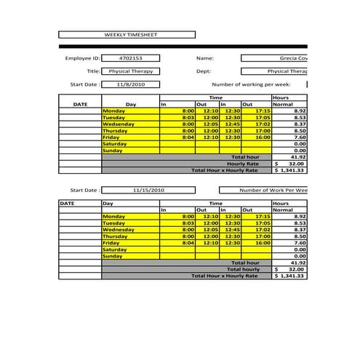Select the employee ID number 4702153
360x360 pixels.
click(x=131, y=58)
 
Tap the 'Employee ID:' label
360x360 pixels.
click(x=81, y=58)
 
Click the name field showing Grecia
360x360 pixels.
click(x=274, y=58)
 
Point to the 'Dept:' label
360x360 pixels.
click(x=204, y=71)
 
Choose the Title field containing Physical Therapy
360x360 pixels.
click(x=131, y=71)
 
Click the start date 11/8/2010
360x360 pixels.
click(x=131, y=84)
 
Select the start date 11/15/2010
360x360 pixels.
click(x=149, y=191)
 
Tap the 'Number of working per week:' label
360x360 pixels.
click(x=251, y=84)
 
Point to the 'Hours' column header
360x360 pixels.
click(x=281, y=97)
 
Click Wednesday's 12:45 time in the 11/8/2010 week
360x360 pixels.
click(x=233, y=124)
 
